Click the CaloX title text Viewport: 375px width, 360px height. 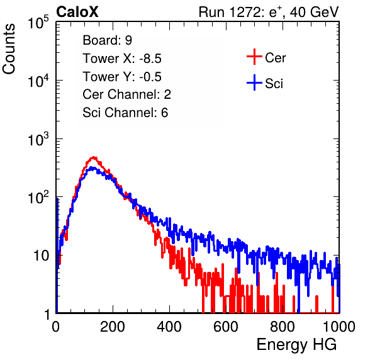pyautogui.click(x=77, y=12)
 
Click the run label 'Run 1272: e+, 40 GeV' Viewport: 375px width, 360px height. pyautogui.click(x=269, y=12)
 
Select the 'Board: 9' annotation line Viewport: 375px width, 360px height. pyautogui.click(x=107, y=40)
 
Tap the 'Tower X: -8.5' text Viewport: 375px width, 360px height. pyautogui.click(x=122, y=59)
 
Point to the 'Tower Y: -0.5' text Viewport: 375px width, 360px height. pyautogui.click(x=122, y=77)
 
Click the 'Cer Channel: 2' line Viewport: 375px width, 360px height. pyautogui.click(x=126, y=94)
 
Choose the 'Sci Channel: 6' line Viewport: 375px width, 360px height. pyautogui.click(x=125, y=113)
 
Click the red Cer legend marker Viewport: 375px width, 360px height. pyautogui.click(x=254, y=57)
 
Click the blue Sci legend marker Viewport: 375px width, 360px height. pyautogui.click(x=254, y=83)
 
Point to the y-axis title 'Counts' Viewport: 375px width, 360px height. pyautogui.click(x=9, y=49)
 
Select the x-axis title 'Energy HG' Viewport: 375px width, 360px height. pyautogui.click(x=296, y=345)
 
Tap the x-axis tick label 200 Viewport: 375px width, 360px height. pyautogui.click(x=113, y=327)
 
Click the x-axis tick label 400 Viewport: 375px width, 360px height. pyautogui.click(x=169, y=327)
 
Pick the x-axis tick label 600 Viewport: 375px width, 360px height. pyautogui.click(x=226, y=327)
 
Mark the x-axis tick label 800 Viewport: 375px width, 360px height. pyautogui.click(x=283, y=327)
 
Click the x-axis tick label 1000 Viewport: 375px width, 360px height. pyautogui.click(x=339, y=327)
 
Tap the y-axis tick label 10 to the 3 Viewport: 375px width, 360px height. pyautogui.click(x=38, y=139)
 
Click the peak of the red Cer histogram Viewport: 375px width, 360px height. pyautogui.click(x=94, y=157)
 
